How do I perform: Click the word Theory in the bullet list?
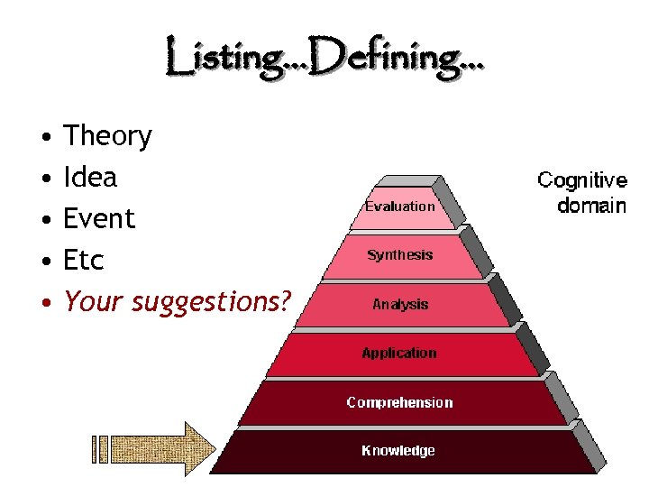point(107,137)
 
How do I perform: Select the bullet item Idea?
point(90,178)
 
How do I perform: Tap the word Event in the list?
point(99,219)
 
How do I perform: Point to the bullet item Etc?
point(84,261)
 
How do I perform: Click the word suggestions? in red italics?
point(213,302)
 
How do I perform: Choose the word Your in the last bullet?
point(95,302)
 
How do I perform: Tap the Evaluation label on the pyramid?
point(399,207)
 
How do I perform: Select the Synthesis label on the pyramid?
point(400,255)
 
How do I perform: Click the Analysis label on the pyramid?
point(400,305)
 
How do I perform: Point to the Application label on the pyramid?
point(399,354)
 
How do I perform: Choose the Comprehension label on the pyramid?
point(399,402)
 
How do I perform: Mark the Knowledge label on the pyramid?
point(398,451)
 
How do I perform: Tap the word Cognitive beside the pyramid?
point(582,180)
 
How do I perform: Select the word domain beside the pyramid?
point(591,206)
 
